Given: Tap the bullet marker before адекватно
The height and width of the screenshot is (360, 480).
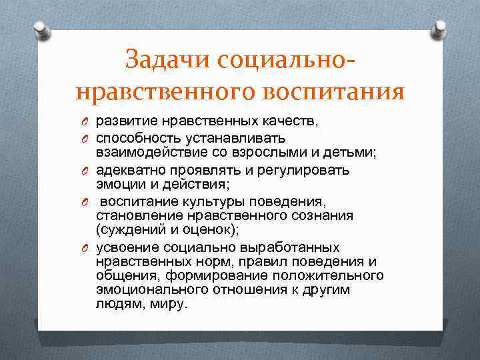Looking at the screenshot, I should click(86, 170).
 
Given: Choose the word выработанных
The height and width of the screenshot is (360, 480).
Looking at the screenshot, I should click(293, 247).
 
